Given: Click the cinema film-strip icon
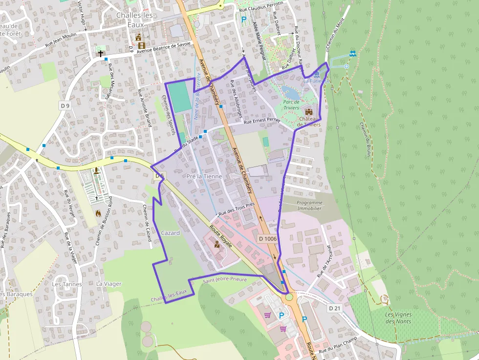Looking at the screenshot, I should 141,45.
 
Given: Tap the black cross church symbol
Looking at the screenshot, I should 101,53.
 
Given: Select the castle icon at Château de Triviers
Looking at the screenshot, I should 308,111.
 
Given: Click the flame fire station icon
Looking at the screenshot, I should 98,213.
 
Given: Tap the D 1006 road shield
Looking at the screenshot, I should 268,238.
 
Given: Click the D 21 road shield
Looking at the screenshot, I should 334,308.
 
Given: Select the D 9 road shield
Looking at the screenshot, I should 65,105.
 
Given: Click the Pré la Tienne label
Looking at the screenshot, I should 204,176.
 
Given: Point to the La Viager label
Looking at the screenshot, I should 109,284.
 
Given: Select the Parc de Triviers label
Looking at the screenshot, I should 291,105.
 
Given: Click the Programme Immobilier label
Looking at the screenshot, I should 309,205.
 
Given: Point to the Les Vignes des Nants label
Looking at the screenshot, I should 398,318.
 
